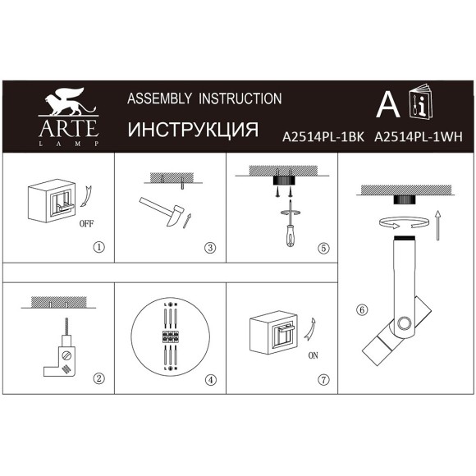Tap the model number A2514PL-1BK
(x=323, y=139)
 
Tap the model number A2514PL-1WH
(x=418, y=139)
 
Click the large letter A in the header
(x=387, y=104)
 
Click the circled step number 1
(x=99, y=246)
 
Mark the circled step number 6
(x=362, y=309)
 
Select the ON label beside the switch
(x=313, y=355)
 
